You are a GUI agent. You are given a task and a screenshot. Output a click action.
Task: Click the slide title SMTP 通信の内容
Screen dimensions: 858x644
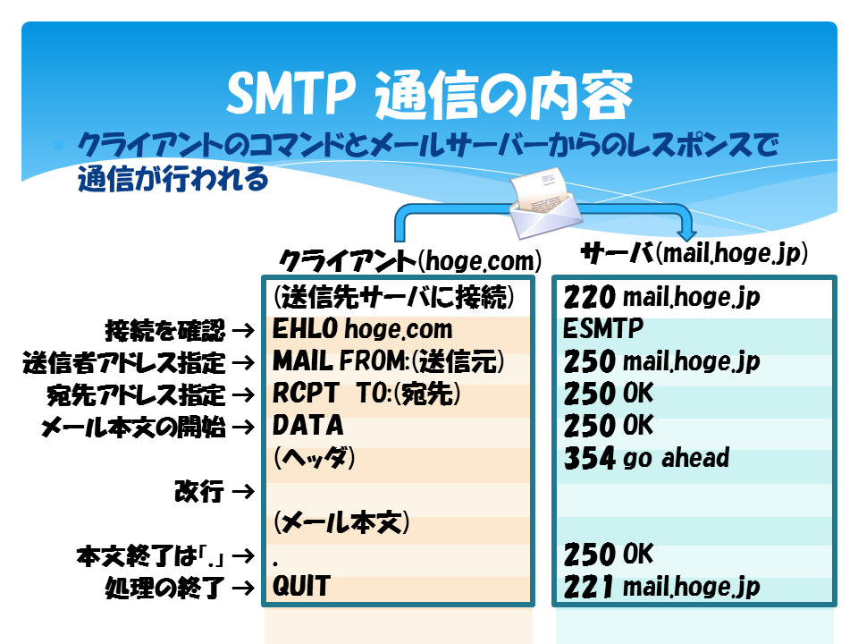(430, 94)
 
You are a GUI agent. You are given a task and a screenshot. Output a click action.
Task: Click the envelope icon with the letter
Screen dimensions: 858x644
(544, 202)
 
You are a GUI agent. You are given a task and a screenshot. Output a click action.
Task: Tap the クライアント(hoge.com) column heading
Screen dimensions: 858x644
(410, 260)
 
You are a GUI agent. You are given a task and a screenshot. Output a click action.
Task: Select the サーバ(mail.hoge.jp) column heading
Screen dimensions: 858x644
(694, 253)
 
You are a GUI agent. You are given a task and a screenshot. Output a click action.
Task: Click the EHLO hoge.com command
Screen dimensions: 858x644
(362, 329)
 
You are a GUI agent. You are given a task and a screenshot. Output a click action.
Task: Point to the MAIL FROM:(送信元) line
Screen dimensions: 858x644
(388, 361)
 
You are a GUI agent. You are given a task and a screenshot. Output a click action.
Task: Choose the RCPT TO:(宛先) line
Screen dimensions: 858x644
(366, 394)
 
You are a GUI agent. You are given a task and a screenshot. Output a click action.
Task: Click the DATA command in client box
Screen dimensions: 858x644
(308, 425)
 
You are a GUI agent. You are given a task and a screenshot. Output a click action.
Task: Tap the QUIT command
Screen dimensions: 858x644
(301, 586)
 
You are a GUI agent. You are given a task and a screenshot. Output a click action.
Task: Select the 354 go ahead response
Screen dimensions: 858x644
(647, 458)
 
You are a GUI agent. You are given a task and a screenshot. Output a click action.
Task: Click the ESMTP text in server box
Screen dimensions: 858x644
(603, 328)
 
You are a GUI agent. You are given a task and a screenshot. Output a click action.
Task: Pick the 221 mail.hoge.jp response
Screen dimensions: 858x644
(661, 587)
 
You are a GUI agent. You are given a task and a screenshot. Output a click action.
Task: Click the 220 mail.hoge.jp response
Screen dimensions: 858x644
(661, 297)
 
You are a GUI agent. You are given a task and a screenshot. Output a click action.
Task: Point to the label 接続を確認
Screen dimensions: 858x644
(165, 330)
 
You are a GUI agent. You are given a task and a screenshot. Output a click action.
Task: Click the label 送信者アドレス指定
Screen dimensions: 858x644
(124, 362)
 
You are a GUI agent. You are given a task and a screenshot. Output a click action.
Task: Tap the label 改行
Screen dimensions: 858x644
(199, 491)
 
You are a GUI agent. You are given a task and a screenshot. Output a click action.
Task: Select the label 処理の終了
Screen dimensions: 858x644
(165, 588)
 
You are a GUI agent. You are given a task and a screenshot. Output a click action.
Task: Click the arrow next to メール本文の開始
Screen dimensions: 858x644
(243, 427)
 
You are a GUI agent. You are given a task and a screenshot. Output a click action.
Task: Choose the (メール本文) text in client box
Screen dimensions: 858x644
(341, 521)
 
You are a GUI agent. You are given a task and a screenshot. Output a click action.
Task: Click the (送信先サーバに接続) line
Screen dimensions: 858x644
(393, 297)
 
